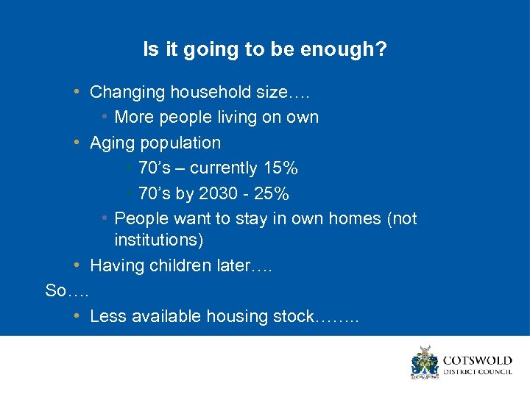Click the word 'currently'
coord(224,168)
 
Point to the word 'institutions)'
coord(159,240)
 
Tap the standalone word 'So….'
coord(67,291)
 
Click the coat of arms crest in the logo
coord(425,362)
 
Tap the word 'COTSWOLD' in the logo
coord(476,361)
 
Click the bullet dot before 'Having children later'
coord(77,265)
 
